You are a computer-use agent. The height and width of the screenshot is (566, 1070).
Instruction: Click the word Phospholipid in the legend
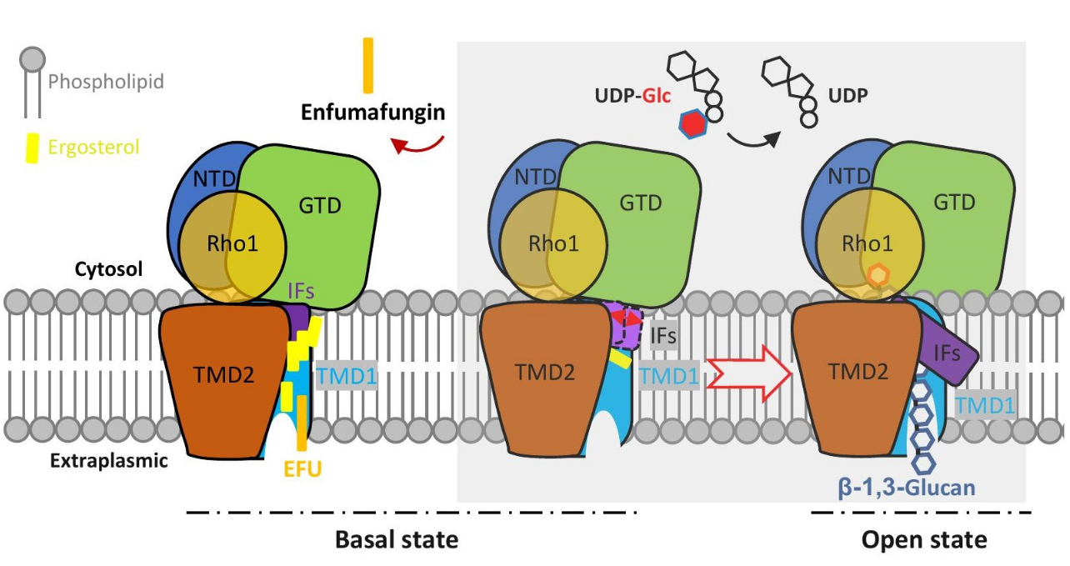click(106, 82)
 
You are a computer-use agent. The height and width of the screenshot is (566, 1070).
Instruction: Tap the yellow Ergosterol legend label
click(93, 147)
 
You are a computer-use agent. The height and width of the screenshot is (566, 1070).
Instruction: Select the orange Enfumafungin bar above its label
click(367, 65)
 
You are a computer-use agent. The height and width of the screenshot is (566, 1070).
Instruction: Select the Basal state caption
click(397, 539)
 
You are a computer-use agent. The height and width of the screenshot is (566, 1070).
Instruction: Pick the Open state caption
click(924, 539)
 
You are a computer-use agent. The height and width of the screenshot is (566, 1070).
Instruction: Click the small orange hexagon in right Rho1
click(875, 274)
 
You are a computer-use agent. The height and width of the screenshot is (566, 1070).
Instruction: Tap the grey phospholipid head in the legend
click(31, 59)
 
